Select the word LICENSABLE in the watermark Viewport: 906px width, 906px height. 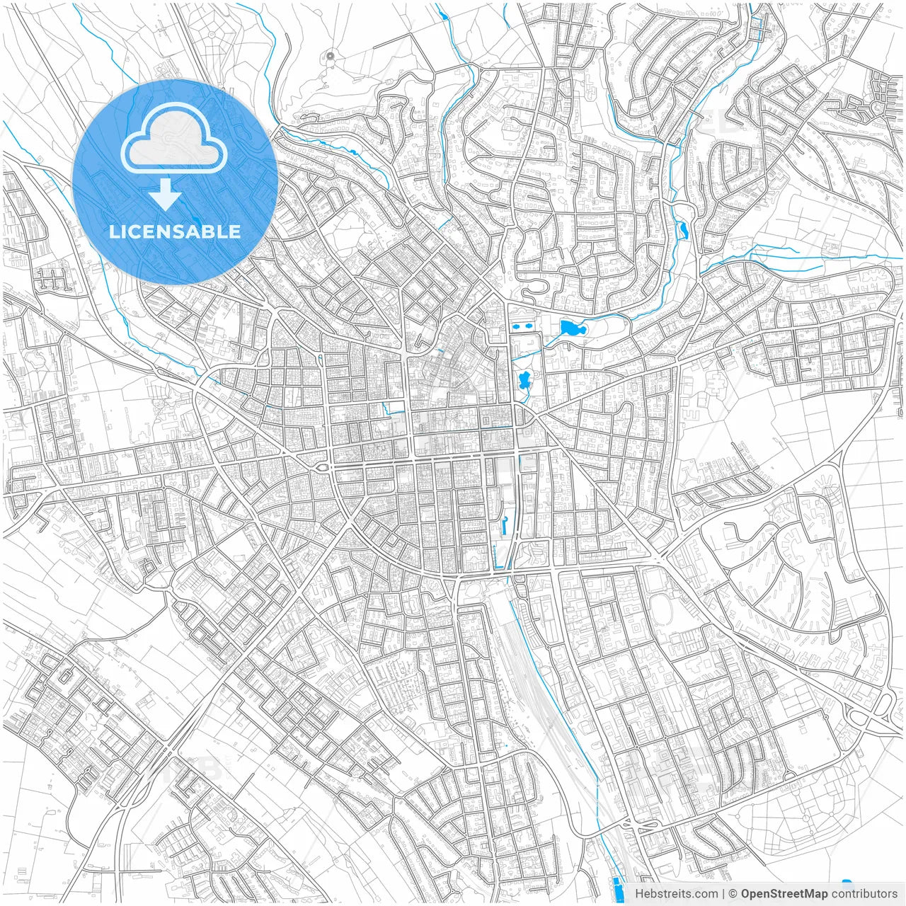(174, 231)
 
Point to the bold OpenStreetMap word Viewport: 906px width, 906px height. (784, 894)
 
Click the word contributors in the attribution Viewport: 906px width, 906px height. (864, 894)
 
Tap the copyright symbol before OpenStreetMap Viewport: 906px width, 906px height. (733, 894)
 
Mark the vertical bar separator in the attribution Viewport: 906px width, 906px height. (723, 894)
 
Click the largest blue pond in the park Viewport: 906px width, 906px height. (568, 328)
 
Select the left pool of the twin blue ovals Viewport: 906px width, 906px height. (516, 327)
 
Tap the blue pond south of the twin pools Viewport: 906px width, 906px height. (524, 381)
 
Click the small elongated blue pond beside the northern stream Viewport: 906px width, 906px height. (682, 229)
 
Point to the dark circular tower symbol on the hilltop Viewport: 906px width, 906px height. (331, 55)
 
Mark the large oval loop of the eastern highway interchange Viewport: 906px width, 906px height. (883, 704)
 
